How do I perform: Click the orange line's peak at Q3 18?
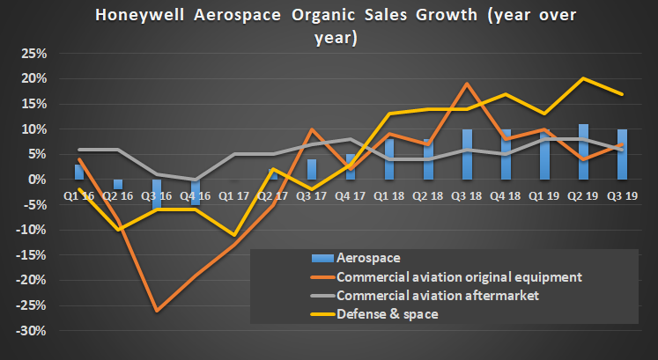467,84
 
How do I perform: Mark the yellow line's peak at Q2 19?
583,78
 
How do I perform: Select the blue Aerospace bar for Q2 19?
583,151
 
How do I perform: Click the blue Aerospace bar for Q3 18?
467,154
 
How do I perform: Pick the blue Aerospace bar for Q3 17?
312,169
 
